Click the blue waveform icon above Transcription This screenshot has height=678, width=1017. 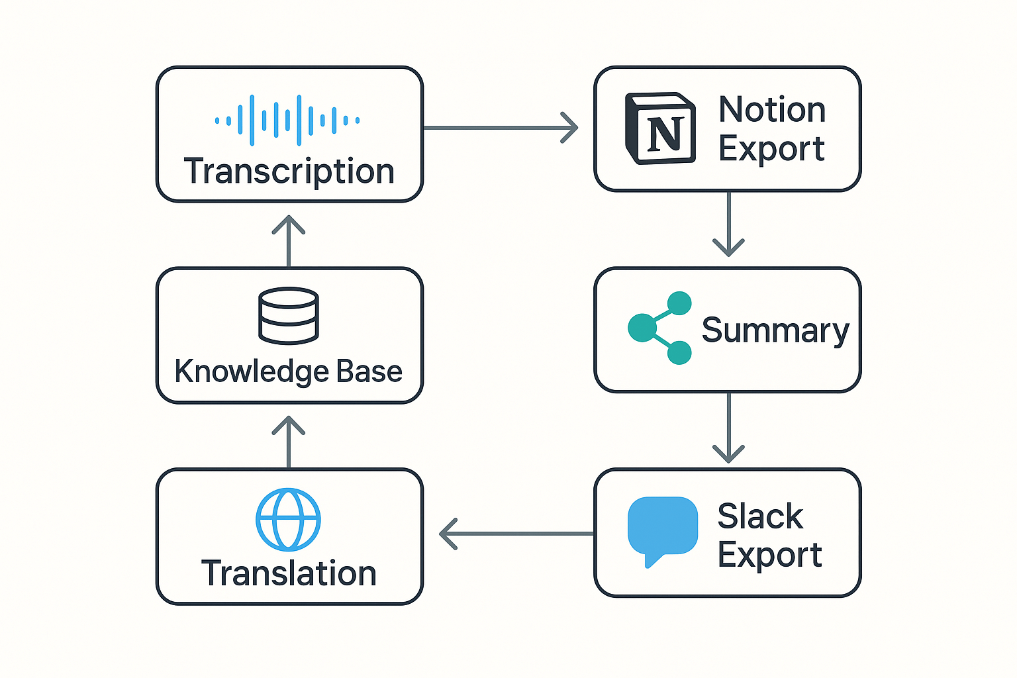click(287, 121)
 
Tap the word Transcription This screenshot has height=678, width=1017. click(289, 171)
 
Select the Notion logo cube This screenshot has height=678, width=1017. click(660, 128)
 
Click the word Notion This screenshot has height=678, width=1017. click(772, 109)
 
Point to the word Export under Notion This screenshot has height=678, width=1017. click(771, 148)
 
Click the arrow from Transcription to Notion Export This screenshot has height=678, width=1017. click(500, 127)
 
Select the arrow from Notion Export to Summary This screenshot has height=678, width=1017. click(728, 225)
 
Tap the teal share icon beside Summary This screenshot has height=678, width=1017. click(659, 328)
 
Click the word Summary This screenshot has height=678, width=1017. click(775, 330)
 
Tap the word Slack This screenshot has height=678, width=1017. click(760, 516)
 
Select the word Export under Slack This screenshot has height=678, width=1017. click(769, 555)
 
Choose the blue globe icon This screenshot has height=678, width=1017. click(288, 520)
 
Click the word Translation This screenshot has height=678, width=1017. click(289, 573)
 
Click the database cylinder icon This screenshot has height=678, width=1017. click(288, 316)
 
